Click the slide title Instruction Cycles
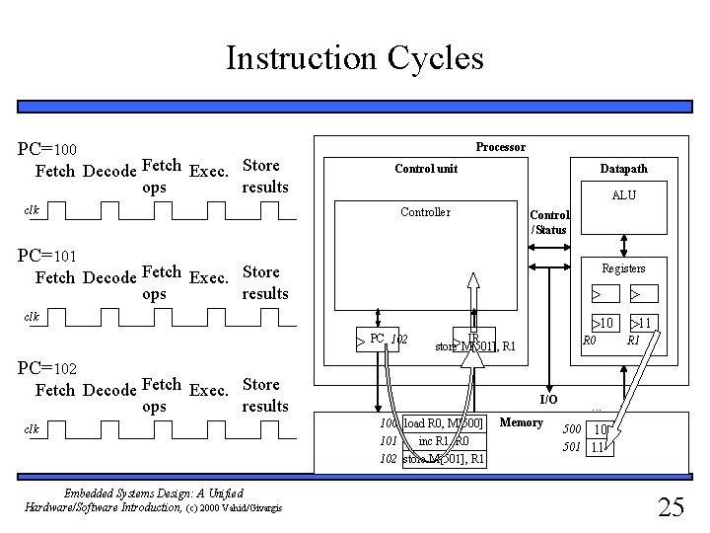pyautogui.click(x=354, y=58)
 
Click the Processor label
pyautogui.click(x=500, y=147)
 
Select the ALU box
pyautogui.click(x=623, y=194)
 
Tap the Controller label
pyautogui.click(x=425, y=212)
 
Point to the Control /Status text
pyautogui.click(x=548, y=222)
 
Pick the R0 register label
pyautogui.click(x=590, y=341)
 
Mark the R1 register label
pyautogui.click(x=634, y=341)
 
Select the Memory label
pyautogui.click(x=522, y=422)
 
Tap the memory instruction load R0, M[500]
pyautogui.click(x=443, y=424)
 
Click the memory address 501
pyautogui.click(x=571, y=447)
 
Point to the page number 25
pyautogui.click(x=671, y=507)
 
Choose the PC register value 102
pyautogui.click(x=398, y=340)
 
